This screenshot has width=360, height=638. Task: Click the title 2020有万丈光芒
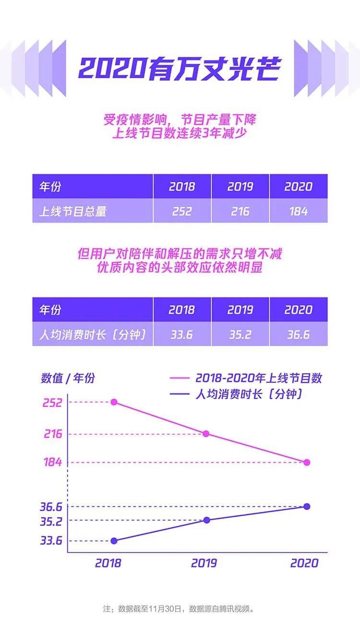point(180,69)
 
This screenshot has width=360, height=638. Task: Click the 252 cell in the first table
point(182,211)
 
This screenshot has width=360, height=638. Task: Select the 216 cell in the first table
point(240,211)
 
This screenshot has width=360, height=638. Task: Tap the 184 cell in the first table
point(298,211)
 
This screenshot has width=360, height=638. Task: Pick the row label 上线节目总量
point(72,211)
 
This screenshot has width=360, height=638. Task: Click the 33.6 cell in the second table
point(182,334)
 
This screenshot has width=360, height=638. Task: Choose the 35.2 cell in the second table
point(240,334)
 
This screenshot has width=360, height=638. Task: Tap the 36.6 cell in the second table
point(298,334)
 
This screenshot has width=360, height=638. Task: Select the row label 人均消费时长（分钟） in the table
point(92,334)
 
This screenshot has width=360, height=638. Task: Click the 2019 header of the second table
point(240,310)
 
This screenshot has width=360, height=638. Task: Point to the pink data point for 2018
point(114,402)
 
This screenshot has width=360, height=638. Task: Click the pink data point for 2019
point(206,434)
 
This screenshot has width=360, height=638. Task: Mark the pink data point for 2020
point(307,462)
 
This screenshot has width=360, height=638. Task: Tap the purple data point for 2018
point(114,541)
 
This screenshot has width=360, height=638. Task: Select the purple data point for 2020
point(307,507)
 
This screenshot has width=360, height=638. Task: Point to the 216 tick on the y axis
point(53,434)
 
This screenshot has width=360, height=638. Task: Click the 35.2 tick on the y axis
point(51,520)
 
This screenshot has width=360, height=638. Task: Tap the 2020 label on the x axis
point(304,563)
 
